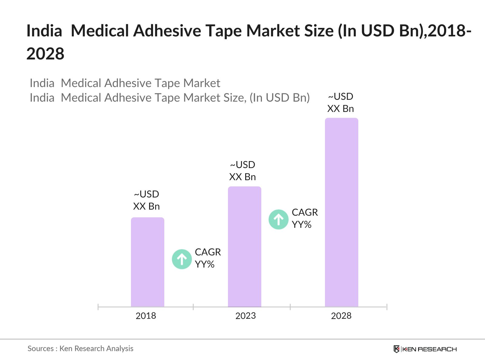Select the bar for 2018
coord(147,262)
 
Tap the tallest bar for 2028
coord(341,212)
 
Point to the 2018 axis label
coord(146,316)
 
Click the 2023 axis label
coord(246,316)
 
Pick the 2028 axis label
coord(341,316)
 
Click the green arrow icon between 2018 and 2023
coord(182,259)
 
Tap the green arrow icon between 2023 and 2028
coord(278,219)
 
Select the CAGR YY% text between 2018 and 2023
coord(208,258)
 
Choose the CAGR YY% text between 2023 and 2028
coord(305,218)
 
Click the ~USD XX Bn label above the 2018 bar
coord(146,200)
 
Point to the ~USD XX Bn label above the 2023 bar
coord(242,171)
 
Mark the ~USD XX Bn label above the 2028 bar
coord(340,103)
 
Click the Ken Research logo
coord(425,349)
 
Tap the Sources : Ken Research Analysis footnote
coord(80,349)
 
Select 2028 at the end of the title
coord(45,54)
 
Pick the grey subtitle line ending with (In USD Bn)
coord(170,98)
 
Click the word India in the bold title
coord(44,31)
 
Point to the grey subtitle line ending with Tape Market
coord(125,83)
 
